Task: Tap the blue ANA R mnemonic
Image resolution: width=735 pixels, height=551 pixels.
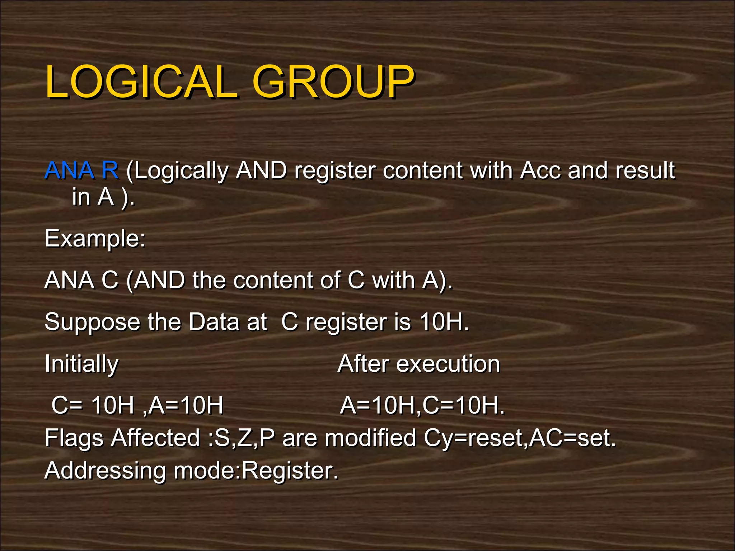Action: (x=81, y=170)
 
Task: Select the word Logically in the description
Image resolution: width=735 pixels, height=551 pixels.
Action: (x=181, y=171)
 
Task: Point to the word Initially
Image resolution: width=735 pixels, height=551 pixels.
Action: (x=81, y=364)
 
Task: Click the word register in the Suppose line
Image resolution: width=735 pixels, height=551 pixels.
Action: (x=346, y=322)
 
